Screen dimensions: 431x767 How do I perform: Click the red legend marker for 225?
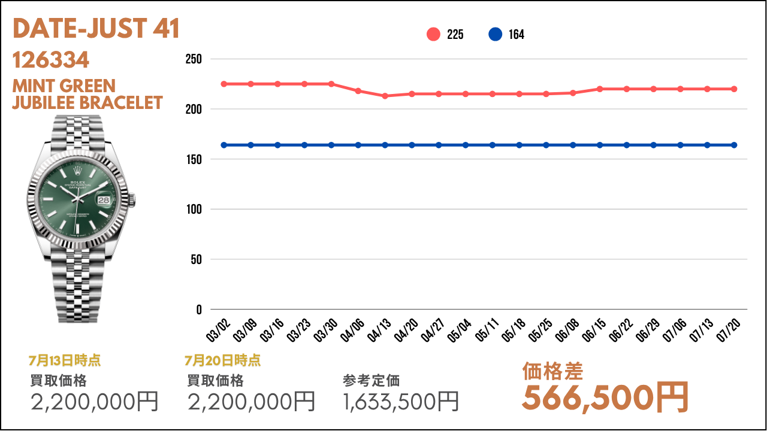(x=433, y=35)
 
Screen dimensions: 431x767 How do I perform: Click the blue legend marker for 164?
(x=495, y=35)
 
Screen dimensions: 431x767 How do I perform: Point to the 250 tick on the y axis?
(x=194, y=59)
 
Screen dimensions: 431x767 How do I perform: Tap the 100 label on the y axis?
(x=194, y=210)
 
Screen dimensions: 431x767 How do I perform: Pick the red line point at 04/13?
(x=385, y=96)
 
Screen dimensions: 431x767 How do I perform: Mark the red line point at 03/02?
(x=224, y=84)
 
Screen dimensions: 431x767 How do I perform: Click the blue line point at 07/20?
(x=734, y=145)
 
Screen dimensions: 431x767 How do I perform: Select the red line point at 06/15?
(x=600, y=89)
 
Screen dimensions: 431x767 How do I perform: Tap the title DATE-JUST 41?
(x=96, y=29)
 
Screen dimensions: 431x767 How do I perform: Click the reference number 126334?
(x=51, y=60)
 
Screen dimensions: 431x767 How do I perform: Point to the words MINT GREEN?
(x=64, y=86)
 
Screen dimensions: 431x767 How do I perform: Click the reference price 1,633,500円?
(x=401, y=402)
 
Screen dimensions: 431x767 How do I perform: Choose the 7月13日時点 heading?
(x=64, y=360)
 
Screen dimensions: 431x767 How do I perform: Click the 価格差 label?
(x=552, y=372)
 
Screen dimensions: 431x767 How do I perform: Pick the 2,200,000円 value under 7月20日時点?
(x=251, y=402)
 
